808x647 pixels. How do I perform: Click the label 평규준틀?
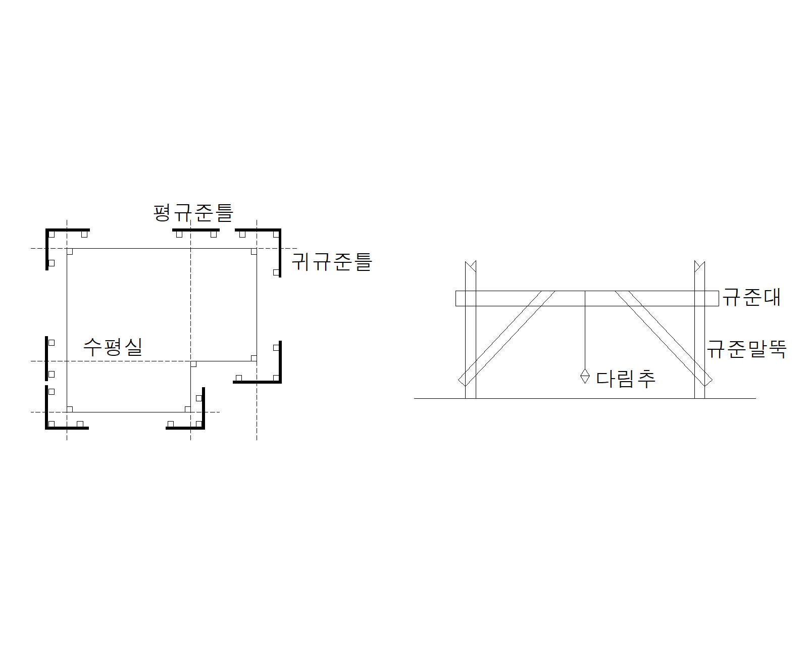tap(193, 213)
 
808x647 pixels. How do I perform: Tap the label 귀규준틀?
tap(332, 262)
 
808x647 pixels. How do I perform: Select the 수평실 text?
tap(113, 347)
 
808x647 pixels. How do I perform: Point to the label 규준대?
tap(751, 297)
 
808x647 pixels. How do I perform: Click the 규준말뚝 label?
tap(746, 349)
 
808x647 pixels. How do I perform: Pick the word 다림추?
tap(626, 378)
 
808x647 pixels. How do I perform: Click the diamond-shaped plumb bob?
tap(585, 376)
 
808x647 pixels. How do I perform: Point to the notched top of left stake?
tap(471, 265)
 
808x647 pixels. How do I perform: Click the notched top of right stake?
tap(699, 265)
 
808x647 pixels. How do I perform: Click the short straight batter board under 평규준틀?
tap(195, 230)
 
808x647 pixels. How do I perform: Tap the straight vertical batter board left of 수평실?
tap(46, 358)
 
